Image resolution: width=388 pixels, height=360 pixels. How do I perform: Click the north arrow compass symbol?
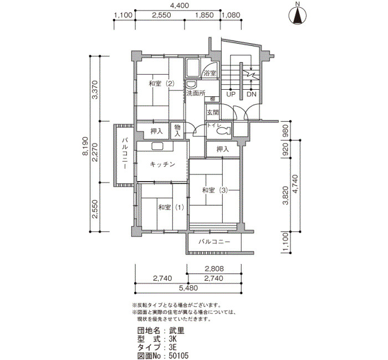[298, 15]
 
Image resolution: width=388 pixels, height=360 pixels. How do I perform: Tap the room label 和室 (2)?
[162, 84]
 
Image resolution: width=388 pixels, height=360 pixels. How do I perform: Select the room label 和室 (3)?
[215, 190]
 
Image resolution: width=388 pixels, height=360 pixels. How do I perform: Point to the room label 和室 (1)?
[171, 207]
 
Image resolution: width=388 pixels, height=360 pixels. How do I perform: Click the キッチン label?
[162, 164]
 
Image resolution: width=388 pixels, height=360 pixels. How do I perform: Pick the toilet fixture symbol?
[224, 130]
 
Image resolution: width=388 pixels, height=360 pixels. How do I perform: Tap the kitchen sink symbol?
[157, 146]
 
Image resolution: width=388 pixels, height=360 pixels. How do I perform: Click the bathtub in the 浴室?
[193, 68]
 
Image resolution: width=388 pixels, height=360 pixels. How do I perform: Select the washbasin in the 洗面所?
[191, 85]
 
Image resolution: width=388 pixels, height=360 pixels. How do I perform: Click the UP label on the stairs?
[231, 94]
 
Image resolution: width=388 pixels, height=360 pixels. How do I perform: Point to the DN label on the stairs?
[252, 94]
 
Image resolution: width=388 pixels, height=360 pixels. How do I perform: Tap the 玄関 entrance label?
[212, 112]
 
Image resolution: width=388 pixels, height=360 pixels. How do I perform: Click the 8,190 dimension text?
[85, 146]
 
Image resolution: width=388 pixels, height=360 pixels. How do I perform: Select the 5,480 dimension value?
[188, 288]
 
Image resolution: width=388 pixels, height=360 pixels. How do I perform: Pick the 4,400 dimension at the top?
[179, 5]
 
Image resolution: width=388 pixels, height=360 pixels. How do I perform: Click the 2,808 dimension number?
[215, 268]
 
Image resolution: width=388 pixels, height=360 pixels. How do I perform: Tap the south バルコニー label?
[215, 241]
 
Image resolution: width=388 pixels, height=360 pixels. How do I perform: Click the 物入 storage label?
[177, 131]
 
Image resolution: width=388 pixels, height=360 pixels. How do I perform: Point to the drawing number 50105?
[178, 356]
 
